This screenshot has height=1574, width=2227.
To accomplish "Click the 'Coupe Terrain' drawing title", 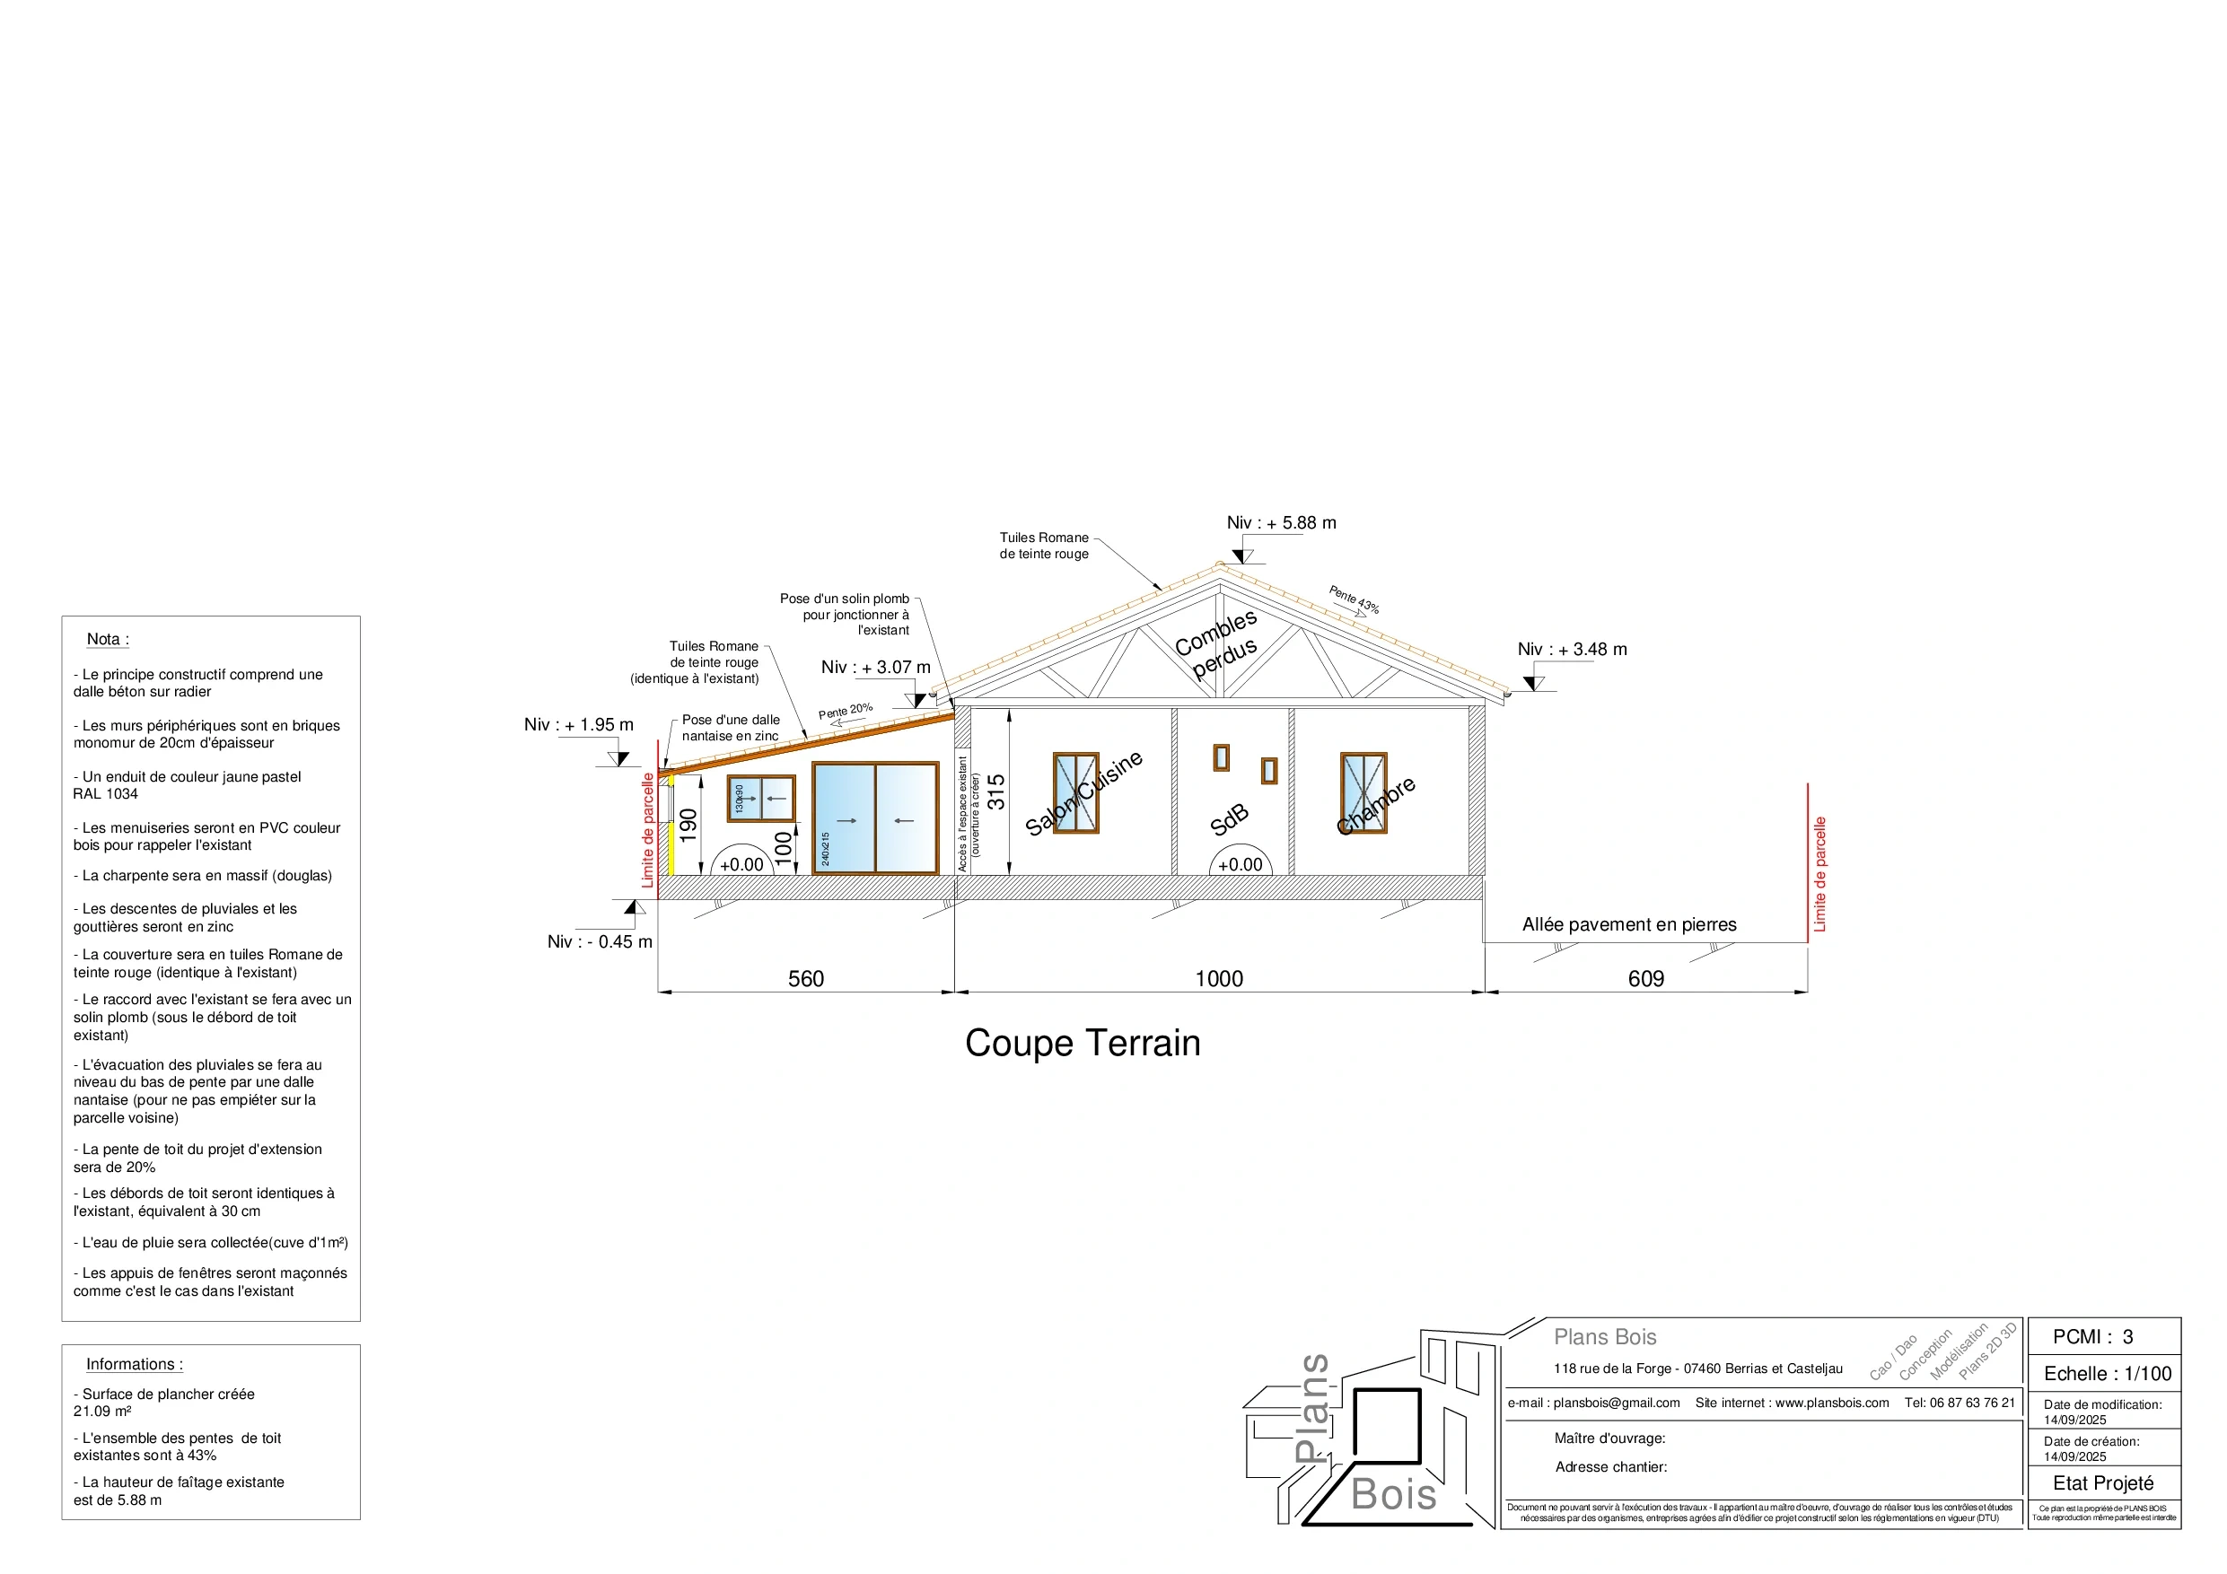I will pos(1083,1044).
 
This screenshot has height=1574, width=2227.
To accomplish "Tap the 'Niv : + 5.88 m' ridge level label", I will pos(1280,523).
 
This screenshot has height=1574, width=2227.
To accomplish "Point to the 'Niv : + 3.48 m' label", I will pos(1572,650).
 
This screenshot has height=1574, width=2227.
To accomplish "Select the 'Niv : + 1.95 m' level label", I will pos(578,724).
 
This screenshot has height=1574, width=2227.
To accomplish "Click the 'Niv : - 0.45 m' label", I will pos(600,941).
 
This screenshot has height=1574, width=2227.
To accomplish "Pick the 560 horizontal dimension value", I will pos(805,978).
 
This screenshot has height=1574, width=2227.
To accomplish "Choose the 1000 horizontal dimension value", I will pos(1218,978).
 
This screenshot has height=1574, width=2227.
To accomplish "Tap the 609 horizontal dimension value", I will pos(1645,978).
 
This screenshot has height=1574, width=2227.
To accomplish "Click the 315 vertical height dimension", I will pos(996,791).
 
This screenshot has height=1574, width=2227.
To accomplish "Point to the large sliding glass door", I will pos(875,819).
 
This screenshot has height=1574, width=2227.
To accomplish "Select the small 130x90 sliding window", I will pos(761,798).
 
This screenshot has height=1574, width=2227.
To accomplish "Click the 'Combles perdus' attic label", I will pos(1216,644).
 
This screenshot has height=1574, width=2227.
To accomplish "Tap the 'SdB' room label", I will pos(1229,820).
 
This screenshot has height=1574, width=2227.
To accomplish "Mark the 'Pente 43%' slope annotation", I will pos(1353,599).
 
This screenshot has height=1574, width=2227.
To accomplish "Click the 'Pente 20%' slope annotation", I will pos(845,711).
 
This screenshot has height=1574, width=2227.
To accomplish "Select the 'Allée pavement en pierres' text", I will pos(1628,925).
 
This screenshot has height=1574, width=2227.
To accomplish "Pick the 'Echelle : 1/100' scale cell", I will pos(2107,1373).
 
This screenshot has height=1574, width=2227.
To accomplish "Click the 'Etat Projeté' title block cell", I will pos(2103,1482).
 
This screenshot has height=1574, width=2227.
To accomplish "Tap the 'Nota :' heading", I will pos(108,639).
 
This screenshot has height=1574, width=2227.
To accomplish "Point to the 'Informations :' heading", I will pos(134,1363).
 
